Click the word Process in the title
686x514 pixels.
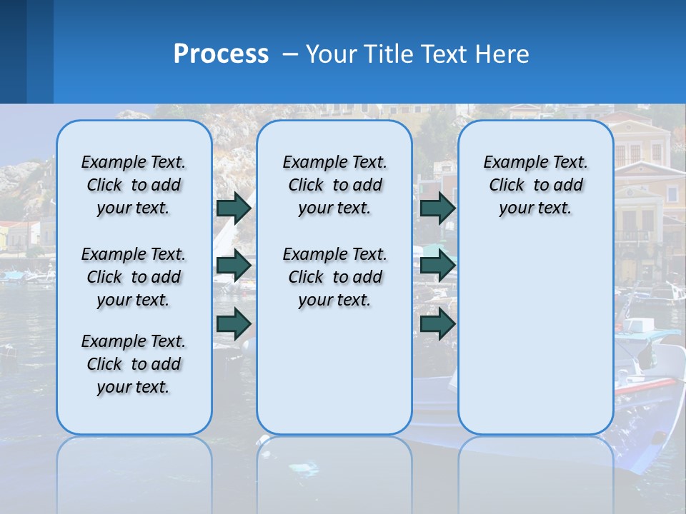click(x=221, y=54)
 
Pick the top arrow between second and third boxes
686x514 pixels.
click(x=437, y=208)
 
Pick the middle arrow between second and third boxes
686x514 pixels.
click(x=437, y=266)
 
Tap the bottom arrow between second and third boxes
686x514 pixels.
click(x=437, y=323)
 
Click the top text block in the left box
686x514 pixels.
click(x=134, y=185)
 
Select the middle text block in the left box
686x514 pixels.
click(x=134, y=277)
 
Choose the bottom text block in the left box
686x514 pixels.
click(x=134, y=364)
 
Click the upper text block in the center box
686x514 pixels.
click(x=334, y=185)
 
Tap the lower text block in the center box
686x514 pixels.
click(x=334, y=277)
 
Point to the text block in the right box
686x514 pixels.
click(x=535, y=185)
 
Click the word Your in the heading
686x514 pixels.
click(x=332, y=54)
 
